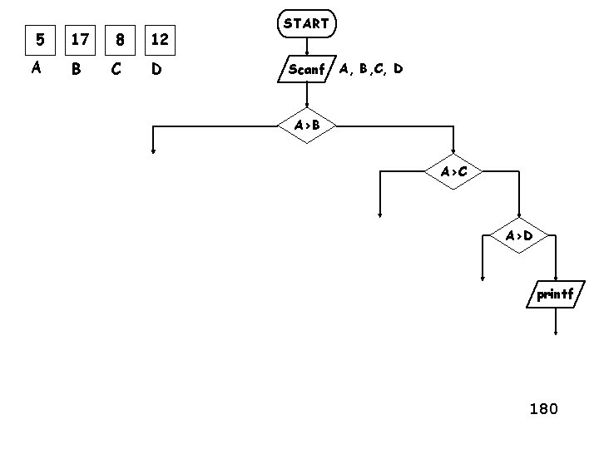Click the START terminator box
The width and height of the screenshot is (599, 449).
point(306,24)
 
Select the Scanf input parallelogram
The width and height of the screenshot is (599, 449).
point(305,70)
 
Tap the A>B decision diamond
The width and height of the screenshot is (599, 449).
point(307,126)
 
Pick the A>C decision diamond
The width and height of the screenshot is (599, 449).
point(453,172)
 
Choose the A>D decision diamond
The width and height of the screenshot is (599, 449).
point(519,235)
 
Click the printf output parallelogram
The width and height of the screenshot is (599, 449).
point(555,294)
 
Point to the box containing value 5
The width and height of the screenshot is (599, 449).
point(37,37)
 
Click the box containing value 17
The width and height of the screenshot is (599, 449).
point(80,37)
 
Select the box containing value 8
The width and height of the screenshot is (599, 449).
point(121,37)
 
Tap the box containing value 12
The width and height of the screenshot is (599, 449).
point(161,37)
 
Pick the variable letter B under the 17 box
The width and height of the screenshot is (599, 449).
point(77,69)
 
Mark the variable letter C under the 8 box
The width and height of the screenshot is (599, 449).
point(117,69)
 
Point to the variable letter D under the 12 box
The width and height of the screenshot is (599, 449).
point(156,69)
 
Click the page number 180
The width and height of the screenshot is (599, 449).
point(543,408)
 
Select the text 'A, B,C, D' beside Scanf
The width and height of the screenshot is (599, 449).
point(371,69)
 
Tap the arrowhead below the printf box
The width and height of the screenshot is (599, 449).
point(556,333)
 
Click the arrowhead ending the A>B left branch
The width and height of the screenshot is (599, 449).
point(154,151)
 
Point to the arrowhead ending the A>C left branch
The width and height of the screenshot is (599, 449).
point(379,215)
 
